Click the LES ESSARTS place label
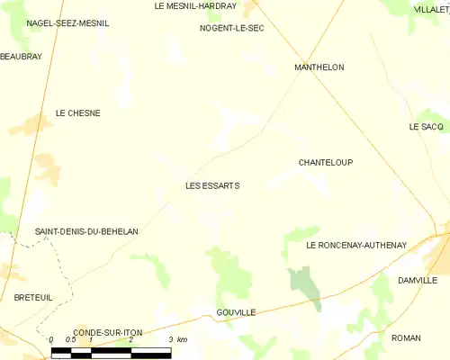(x=212, y=186)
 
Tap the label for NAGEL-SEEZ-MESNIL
(x=67, y=23)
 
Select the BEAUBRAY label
(x=22, y=56)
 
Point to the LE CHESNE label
(x=77, y=113)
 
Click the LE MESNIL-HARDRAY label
(x=195, y=5)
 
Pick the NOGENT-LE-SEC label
(x=231, y=28)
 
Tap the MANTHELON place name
(x=319, y=67)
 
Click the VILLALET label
(x=431, y=9)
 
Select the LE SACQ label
(x=426, y=127)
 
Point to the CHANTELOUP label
(x=325, y=163)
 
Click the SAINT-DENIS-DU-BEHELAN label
(x=86, y=231)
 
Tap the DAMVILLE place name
(x=417, y=281)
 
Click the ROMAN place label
(x=406, y=337)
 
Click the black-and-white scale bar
(x=112, y=351)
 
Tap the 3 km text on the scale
(x=176, y=339)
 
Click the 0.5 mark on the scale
(x=71, y=339)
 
